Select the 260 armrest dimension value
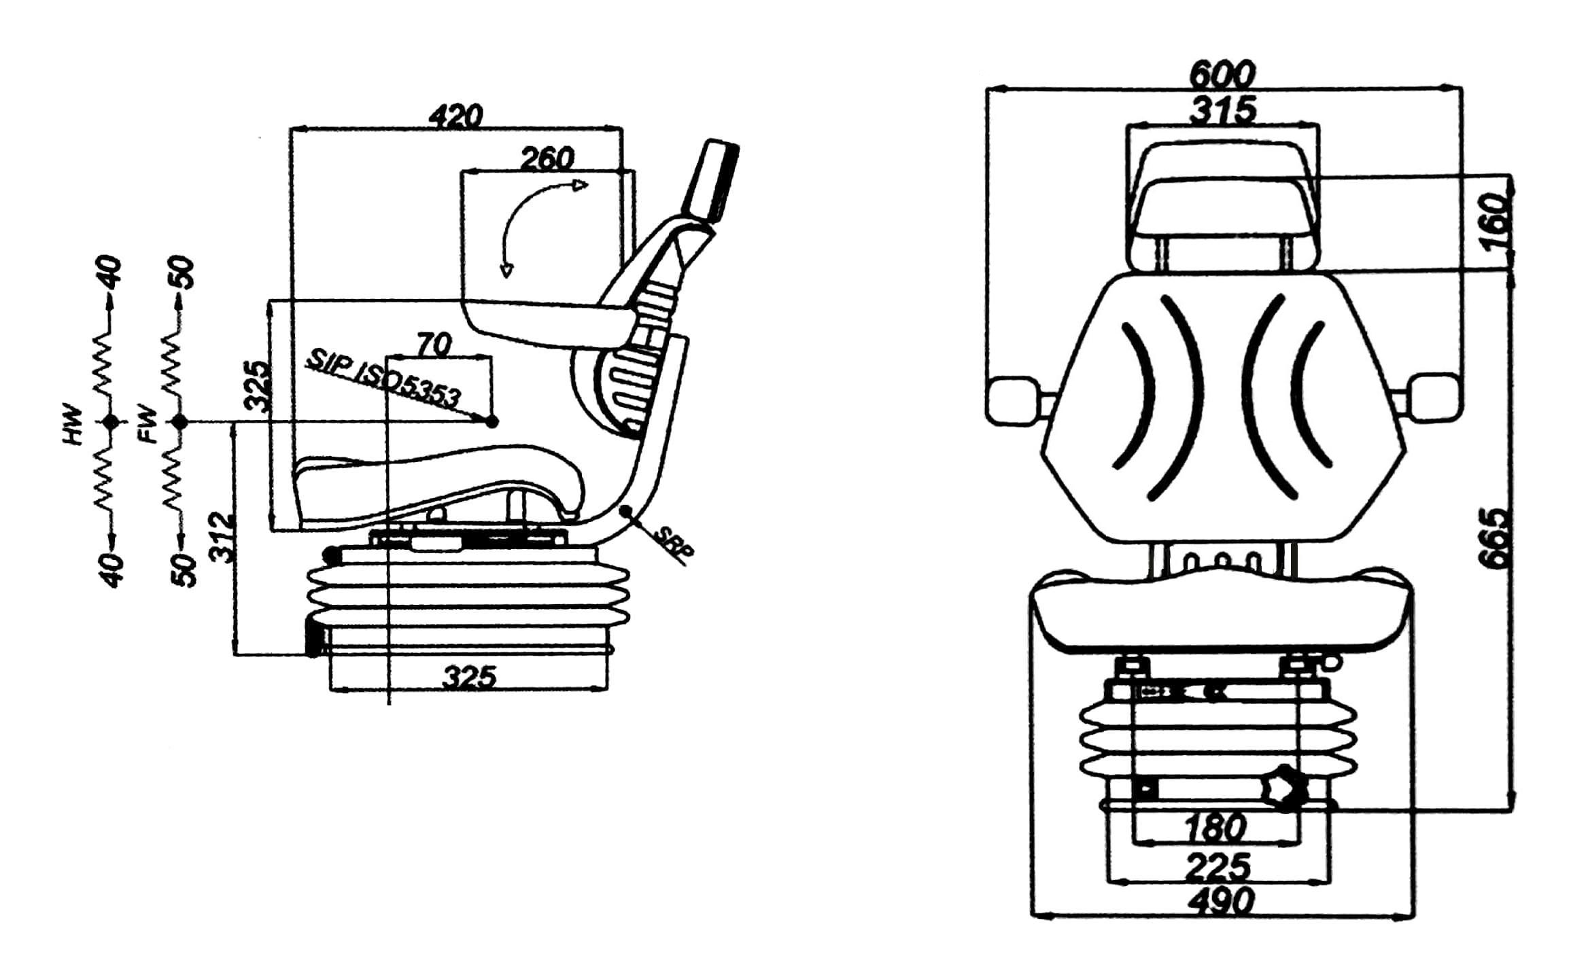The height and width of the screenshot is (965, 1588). pos(547,158)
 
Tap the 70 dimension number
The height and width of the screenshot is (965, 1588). pos(433,346)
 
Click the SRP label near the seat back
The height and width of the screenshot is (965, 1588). pos(673,544)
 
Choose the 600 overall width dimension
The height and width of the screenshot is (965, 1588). pos(1222,74)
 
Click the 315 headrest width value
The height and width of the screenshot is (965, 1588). pos(1222,110)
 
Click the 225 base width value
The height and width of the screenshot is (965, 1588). pos(1218,866)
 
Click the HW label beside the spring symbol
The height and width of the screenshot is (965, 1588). pos(72,425)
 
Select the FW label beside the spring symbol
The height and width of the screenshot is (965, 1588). pos(147,425)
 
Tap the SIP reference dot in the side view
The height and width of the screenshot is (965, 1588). pos(493,422)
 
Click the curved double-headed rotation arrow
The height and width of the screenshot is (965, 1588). pos(523,207)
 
